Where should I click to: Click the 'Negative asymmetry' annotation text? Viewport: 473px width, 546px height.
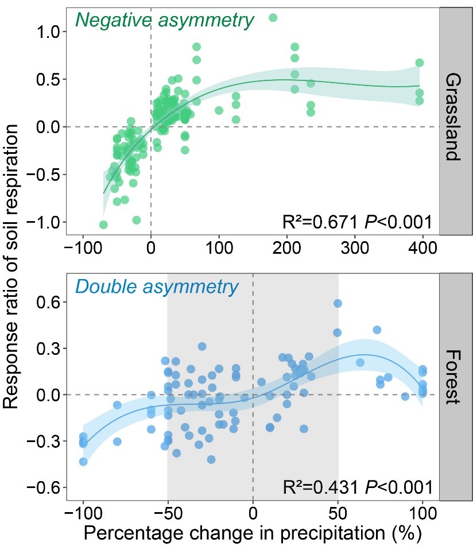[165, 21]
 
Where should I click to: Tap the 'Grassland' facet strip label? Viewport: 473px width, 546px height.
[453, 117]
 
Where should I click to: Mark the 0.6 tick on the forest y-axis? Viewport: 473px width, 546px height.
[46, 302]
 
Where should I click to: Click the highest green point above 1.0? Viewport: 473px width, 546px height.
[273, 17]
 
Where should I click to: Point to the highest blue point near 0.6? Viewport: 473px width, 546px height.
[338, 303]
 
